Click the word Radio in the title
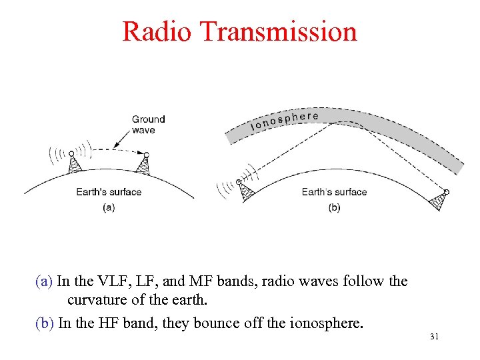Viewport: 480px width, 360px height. pos(156,32)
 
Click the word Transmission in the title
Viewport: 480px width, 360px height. pos(278,32)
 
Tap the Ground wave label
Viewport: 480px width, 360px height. pos(148,125)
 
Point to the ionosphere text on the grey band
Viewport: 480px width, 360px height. pos(284,120)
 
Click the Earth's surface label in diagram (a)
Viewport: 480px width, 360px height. pos(109,192)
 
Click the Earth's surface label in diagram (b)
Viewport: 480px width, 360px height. pos(334,192)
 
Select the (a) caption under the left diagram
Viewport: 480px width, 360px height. pos(109,207)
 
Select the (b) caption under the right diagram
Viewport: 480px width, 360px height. pos(334,207)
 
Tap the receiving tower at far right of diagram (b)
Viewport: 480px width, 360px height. pos(439,200)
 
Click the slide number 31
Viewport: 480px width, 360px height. pos(434,337)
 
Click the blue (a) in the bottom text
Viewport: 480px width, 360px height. pos(44,281)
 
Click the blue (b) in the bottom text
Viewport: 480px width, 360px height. pos(45,324)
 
